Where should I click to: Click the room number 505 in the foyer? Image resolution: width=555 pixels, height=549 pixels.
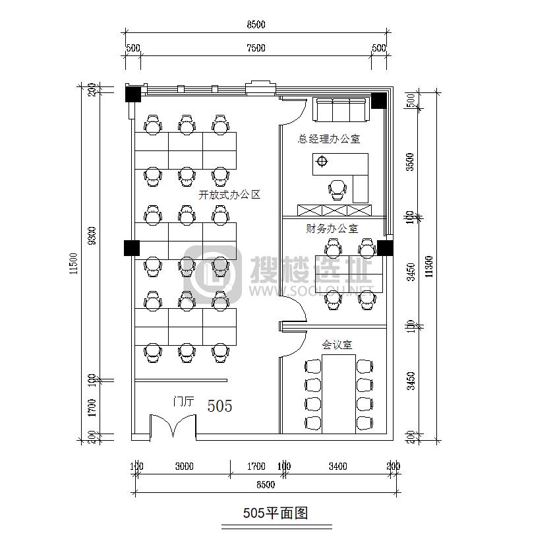tap(219, 406)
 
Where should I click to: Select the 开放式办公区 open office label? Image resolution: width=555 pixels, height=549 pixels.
tap(229, 195)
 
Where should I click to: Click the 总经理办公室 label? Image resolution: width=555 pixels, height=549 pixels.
tap(329, 139)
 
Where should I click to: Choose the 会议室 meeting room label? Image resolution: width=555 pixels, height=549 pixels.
tap(336, 344)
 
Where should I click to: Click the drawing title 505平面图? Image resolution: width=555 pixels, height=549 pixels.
tap(276, 513)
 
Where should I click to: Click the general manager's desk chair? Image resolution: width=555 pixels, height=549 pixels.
tap(338, 189)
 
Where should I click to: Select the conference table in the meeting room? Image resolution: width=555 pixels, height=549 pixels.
tap(338, 394)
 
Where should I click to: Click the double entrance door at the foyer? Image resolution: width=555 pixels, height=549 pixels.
tap(172, 426)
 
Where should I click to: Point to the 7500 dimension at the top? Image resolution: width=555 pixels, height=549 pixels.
tap(256, 48)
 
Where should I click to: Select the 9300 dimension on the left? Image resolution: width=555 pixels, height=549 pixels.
tap(92, 236)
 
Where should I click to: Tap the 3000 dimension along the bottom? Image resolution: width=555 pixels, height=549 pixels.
tap(184, 467)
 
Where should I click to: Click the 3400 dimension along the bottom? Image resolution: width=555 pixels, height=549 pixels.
tap(337, 467)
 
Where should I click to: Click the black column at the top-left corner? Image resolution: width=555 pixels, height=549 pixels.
tap(134, 94)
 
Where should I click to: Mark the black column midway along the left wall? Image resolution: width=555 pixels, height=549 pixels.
tap(131, 248)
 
